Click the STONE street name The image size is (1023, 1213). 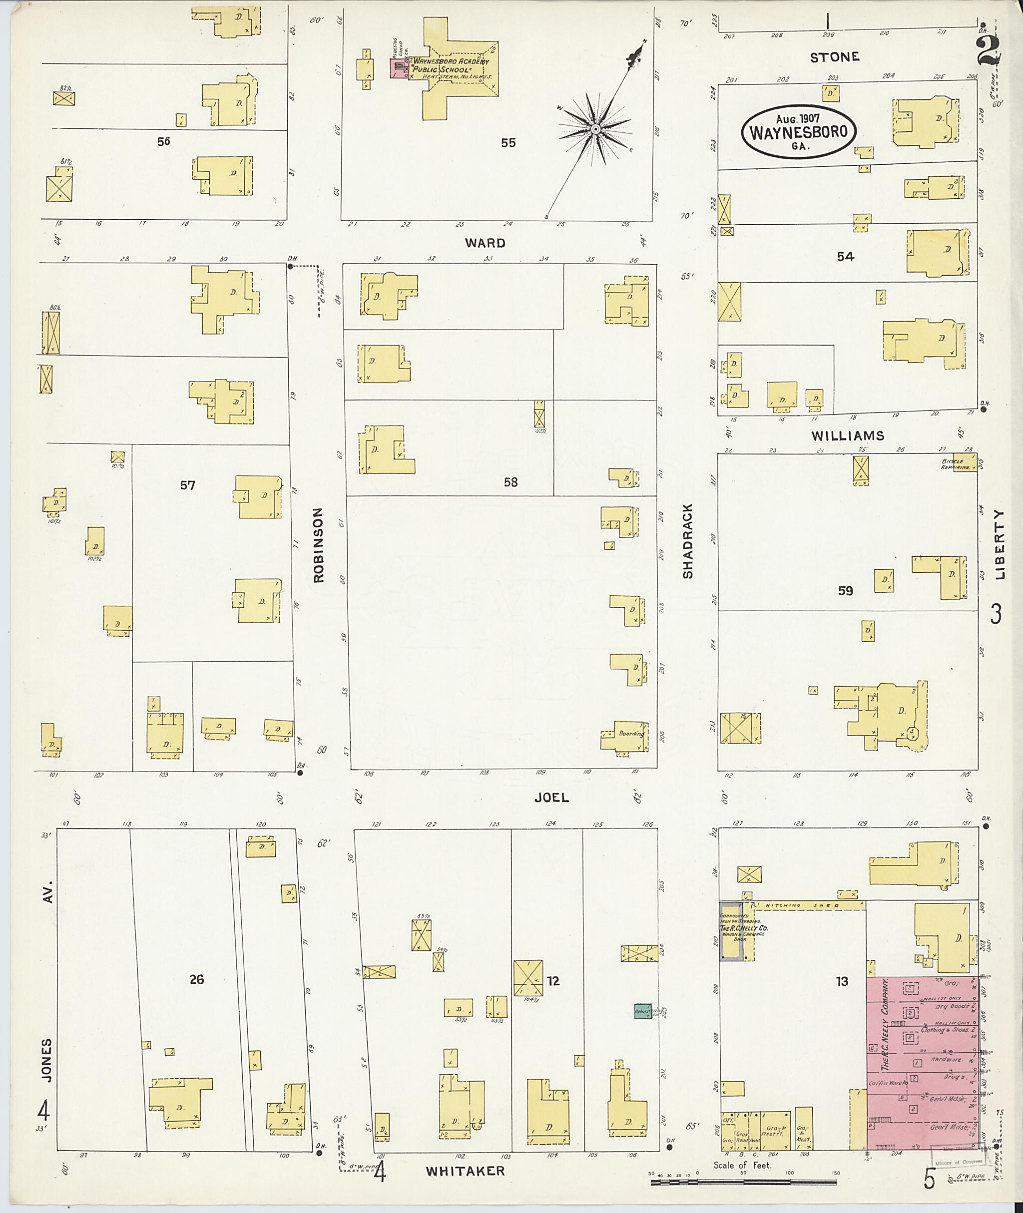(835, 57)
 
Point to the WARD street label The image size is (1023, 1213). (485, 243)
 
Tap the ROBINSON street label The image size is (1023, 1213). (318, 545)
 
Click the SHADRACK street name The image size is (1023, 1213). (688, 540)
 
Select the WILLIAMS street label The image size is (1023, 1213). (847, 435)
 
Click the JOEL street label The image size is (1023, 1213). (551, 798)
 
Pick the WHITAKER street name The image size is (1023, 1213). (465, 1171)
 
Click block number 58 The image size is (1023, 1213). (511, 482)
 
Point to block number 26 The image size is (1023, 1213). (197, 979)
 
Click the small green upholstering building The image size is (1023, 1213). (642, 1011)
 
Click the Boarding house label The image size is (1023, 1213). (631, 734)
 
